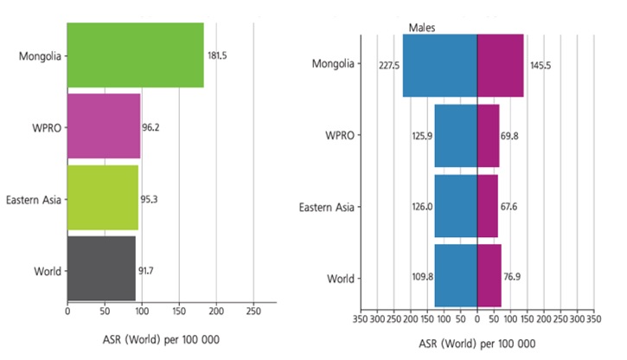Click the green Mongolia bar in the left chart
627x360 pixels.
tap(135, 55)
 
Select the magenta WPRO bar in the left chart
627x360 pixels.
tap(103, 126)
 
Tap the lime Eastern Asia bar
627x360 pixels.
tap(102, 198)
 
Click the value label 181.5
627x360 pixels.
tap(218, 55)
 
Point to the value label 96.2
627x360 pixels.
tap(150, 127)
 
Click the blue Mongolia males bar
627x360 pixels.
tap(439, 65)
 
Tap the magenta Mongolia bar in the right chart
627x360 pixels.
tap(500, 65)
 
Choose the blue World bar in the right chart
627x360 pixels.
tap(456, 276)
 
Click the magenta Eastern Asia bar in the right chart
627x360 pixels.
tap(487, 206)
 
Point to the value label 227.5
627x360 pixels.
tap(388, 66)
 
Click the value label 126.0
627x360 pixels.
tap(423, 207)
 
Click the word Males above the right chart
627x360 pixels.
tap(421, 28)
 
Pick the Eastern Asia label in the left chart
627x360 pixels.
tap(32, 199)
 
